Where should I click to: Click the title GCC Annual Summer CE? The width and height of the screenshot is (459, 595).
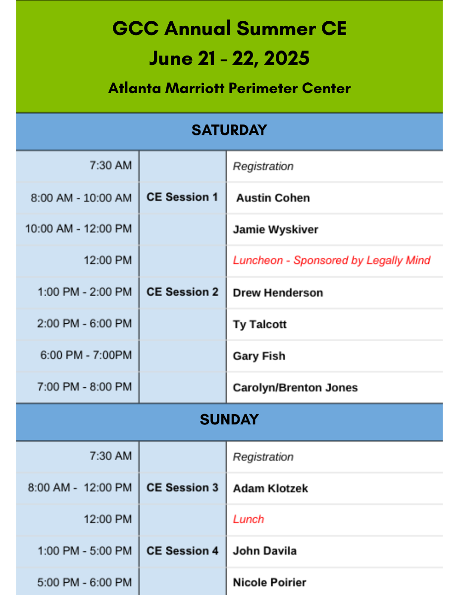(229, 28)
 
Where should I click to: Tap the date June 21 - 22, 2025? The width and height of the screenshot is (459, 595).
(229, 59)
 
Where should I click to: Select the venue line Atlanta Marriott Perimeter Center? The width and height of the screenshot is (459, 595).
(229, 88)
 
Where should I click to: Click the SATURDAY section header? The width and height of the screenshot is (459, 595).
(229, 130)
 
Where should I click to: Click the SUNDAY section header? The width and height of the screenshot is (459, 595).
(229, 419)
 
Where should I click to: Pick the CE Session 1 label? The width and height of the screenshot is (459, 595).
(182, 197)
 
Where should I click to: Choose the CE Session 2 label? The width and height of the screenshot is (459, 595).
(182, 292)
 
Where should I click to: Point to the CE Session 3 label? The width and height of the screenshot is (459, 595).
(182, 488)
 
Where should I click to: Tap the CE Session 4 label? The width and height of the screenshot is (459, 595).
(182, 551)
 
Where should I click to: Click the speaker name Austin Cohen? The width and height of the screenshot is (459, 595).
(273, 198)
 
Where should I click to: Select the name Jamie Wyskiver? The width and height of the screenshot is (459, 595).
(276, 230)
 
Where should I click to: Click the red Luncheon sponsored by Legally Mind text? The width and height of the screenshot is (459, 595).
(332, 260)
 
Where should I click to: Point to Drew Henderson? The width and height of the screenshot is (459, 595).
(278, 293)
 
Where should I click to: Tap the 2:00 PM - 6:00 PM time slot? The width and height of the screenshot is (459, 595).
(85, 323)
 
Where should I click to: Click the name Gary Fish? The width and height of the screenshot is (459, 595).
(259, 356)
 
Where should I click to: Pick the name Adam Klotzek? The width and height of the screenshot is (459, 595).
(270, 488)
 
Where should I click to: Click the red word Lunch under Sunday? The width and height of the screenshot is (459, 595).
(249, 520)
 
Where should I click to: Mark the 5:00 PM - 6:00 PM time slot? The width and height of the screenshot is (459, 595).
(85, 583)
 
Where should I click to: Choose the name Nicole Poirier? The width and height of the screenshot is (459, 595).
(269, 583)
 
